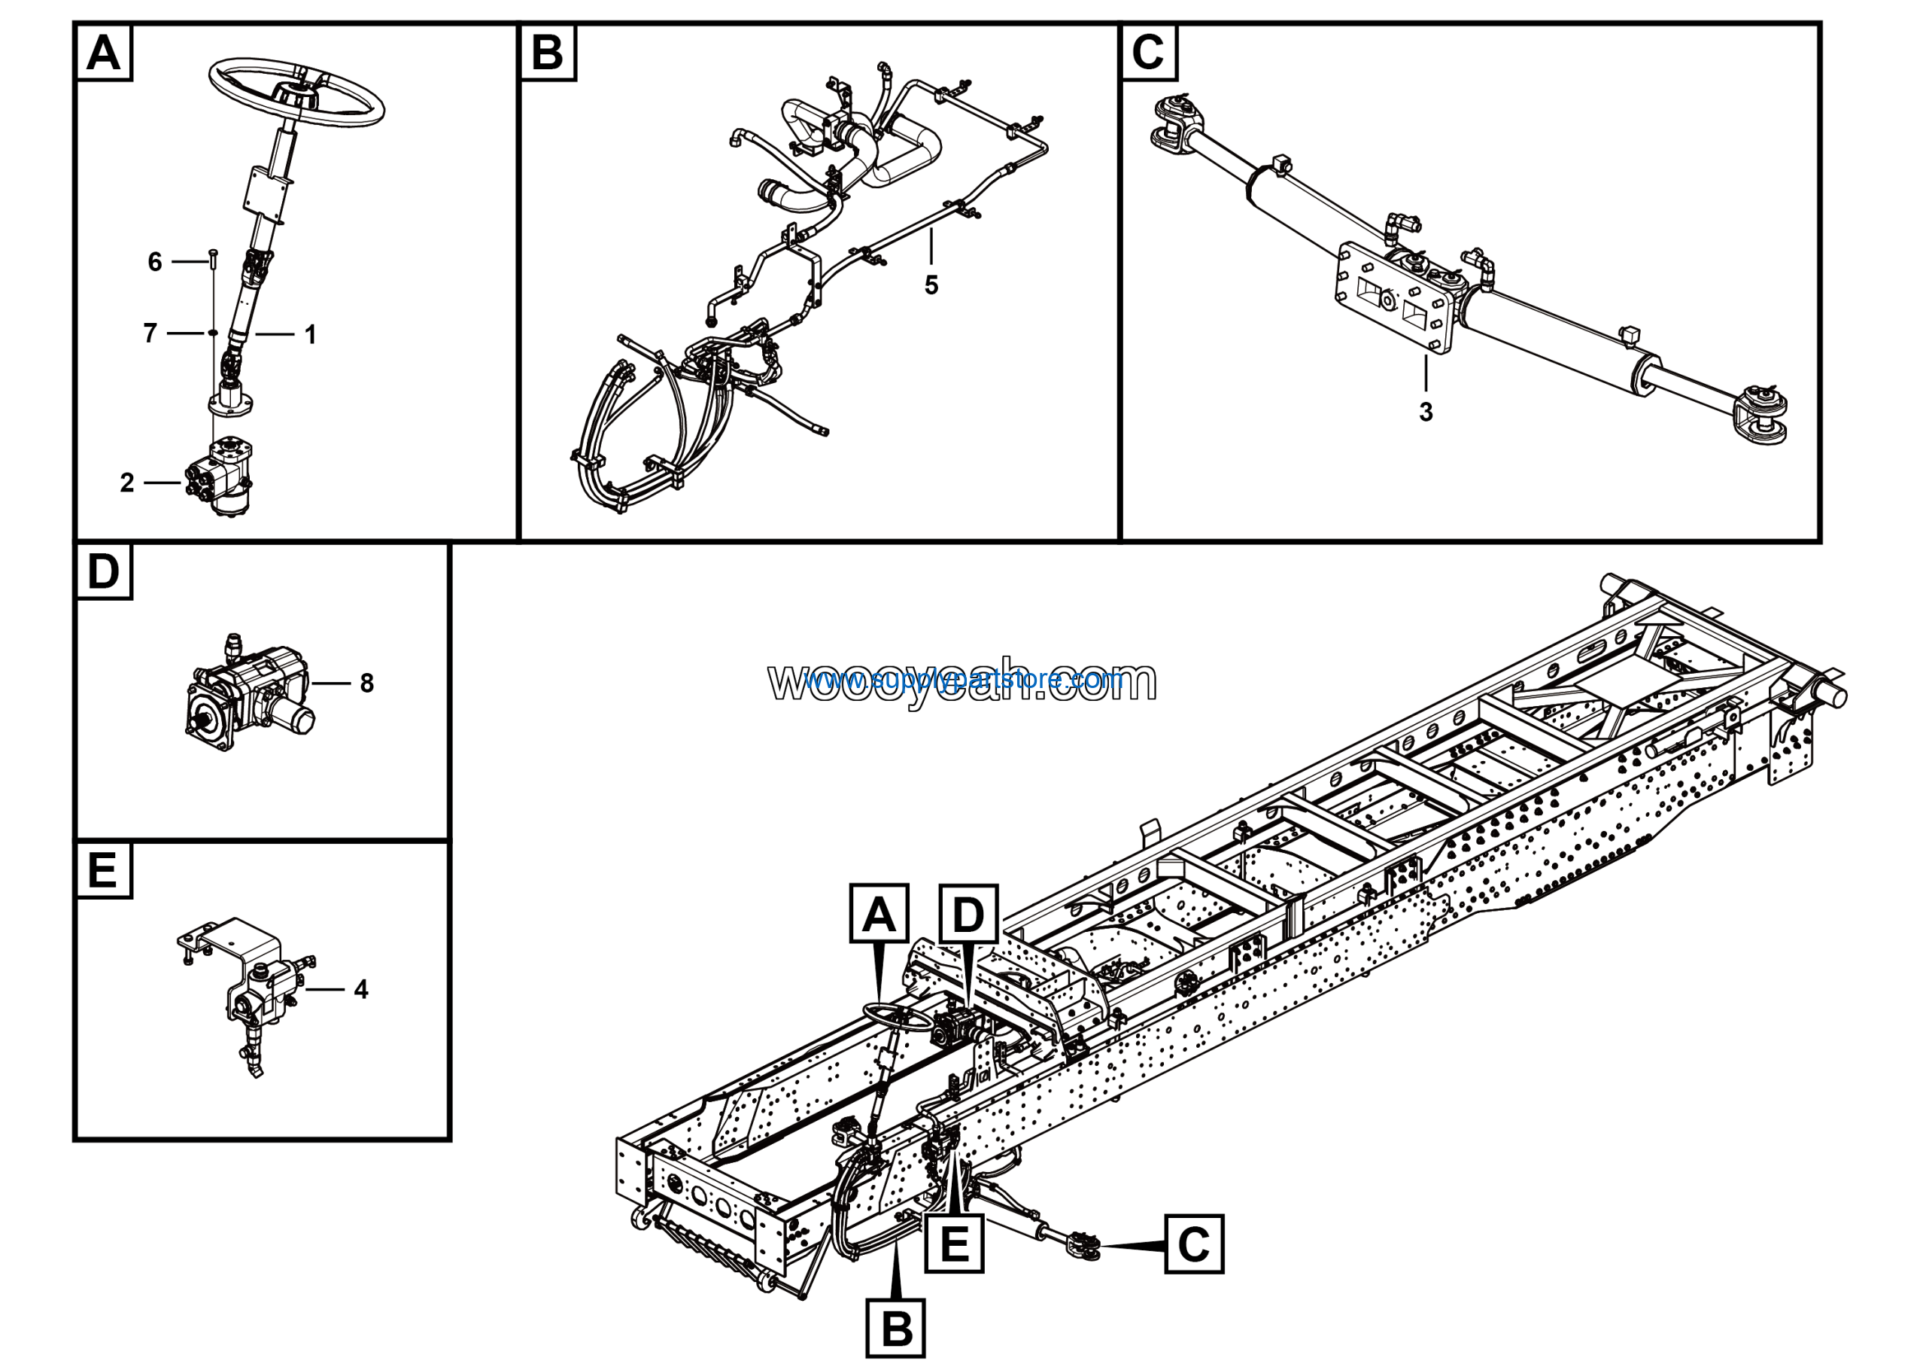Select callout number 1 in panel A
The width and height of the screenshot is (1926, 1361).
click(x=311, y=335)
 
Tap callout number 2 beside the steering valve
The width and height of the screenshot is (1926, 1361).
click(x=126, y=483)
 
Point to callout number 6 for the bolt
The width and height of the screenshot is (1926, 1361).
click(x=154, y=262)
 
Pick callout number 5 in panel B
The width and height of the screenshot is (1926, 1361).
click(x=931, y=285)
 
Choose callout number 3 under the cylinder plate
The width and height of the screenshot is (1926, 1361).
click(x=1426, y=412)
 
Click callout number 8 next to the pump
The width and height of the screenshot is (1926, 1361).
click(x=366, y=683)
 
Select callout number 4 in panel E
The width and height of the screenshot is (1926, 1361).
click(x=360, y=989)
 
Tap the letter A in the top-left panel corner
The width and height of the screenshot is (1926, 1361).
click(x=104, y=53)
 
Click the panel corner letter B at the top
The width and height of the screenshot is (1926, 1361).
click(x=548, y=53)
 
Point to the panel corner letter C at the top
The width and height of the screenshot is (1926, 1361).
click(x=1147, y=53)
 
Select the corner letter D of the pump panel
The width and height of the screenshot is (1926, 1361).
click(x=104, y=571)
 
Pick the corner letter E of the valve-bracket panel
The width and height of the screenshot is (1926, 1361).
click(x=103, y=870)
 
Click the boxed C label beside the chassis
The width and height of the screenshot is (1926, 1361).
click(x=1194, y=1244)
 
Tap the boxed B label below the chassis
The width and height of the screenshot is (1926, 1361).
click(x=896, y=1329)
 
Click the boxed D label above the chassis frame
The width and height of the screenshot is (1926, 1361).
click(x=968, y=914)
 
